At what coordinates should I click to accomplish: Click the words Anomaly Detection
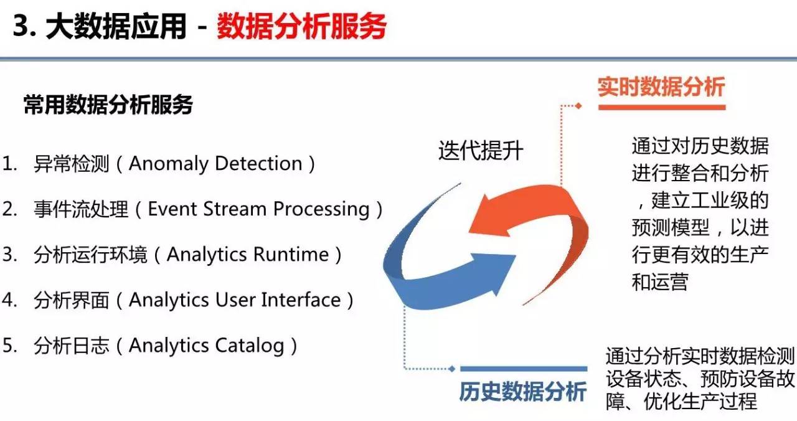pyautogui.click(x=215, y=164)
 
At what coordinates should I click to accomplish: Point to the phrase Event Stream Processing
pyautogui.click(x=258, y=209)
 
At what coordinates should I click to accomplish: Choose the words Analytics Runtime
pyautogui.click(x=248, y=255)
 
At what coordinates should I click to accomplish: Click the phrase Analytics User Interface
pyautogui.click(x=235, y=300)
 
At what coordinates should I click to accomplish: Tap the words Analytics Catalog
pyautogui.click(x=206, y=346)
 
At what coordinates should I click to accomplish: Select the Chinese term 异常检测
pyautogui.click(x=71, y=164)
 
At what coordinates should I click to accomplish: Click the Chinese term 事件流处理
pyautogui.click(x=81, y=209)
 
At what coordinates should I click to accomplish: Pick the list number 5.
pyautogui.click(x=9, y=345)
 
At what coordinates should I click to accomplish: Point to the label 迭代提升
pyautogui.click(x=481, y=150)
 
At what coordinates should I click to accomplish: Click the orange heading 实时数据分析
pyautogui.click(x=661, y=87)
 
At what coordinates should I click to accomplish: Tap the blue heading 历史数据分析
pyautogui.click(x=522, y=392)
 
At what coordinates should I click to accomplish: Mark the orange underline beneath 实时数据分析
pyautogui.click(x=662, y=107)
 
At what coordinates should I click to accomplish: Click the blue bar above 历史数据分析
pyautogui.click(x=524, y=369)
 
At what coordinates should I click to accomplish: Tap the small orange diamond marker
pyautogui.click(x=578, y=106)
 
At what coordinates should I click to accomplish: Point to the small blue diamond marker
pyautogui.click(x=452, y=369)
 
